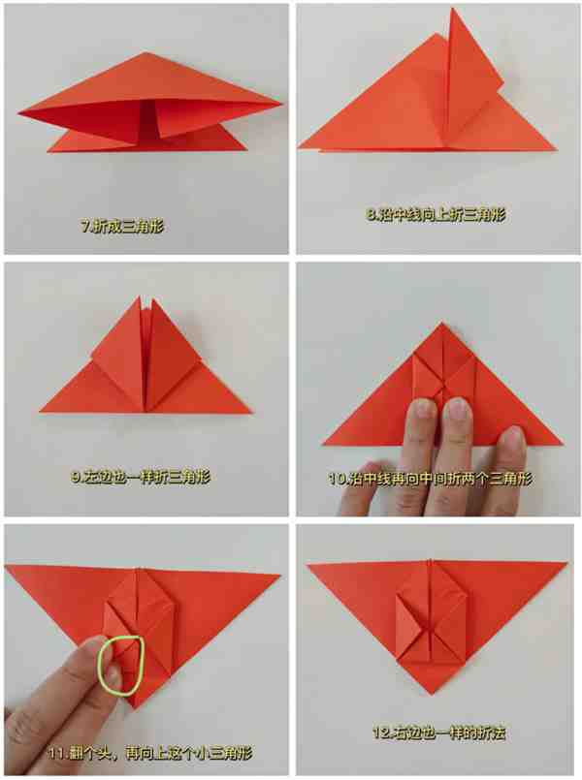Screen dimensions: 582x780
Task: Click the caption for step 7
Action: tap(122, 227)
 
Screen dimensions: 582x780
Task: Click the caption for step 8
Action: tap(436, 215)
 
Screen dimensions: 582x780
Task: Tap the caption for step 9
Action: tap(141, 477)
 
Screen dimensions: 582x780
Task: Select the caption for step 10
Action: tap(430, 479)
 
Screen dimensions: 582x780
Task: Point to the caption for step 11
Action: tap(149, 753)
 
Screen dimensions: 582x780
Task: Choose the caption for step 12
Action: tap(439, 733)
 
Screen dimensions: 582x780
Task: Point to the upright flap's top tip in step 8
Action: tap(452, 9)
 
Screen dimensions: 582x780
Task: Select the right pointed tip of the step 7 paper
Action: tap(282, 104)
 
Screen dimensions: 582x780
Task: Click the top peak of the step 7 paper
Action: tap(145, 52)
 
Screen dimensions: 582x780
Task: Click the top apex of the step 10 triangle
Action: tap(441, 323)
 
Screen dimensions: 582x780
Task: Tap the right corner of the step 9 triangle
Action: tap(250, 413)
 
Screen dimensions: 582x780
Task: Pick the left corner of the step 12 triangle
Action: tap(307, 565)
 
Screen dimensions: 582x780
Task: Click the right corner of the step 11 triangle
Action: tap(279, 576)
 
